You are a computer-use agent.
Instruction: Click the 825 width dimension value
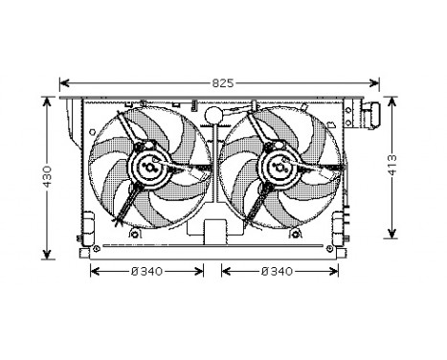222,83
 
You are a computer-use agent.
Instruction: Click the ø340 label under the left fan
146,271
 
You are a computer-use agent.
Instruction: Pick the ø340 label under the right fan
278,271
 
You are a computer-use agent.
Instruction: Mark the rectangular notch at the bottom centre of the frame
212,232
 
